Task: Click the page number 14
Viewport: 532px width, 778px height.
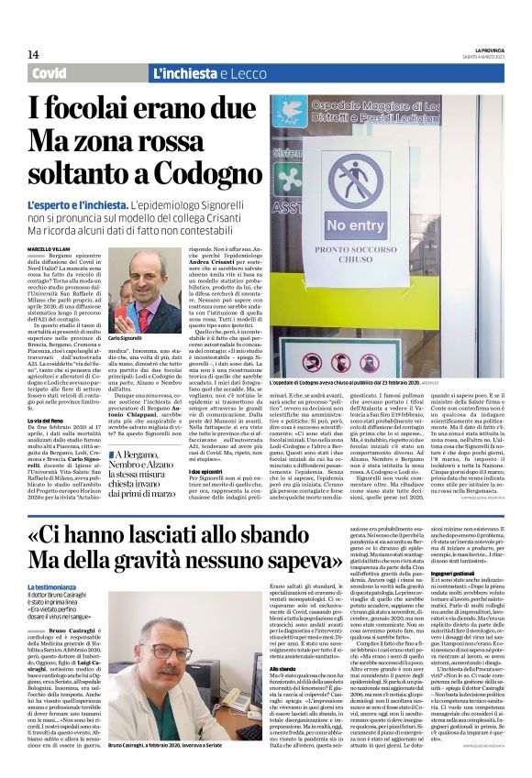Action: [x=34, y=54]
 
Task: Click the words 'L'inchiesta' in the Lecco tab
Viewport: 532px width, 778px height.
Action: [x=187, y=73]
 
